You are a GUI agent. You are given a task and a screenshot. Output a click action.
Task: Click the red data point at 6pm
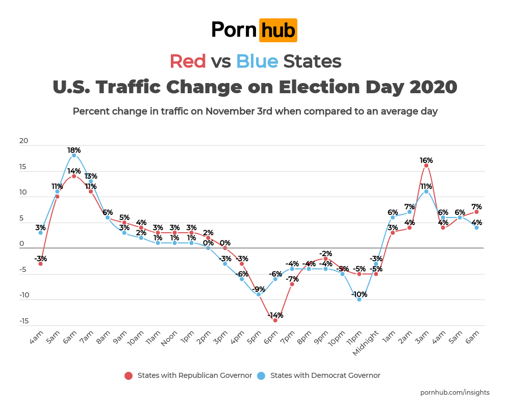point(275,320)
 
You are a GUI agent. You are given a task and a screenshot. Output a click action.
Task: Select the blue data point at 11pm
point(359,299)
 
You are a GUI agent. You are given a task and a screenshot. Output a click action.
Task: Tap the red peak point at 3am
point(426,166)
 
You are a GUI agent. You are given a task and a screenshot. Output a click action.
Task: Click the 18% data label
point(74,150)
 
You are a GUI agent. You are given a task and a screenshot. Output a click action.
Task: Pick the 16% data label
point(426,160)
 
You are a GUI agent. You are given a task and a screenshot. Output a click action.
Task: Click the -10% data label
point(359,294)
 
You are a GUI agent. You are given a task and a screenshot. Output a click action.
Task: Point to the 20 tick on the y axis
point(23,141)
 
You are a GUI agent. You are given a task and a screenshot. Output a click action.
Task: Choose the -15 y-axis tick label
point(23,321)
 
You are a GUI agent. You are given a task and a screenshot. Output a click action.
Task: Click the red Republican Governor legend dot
point(129,376)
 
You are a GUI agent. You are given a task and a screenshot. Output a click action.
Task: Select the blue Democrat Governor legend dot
point(262,376)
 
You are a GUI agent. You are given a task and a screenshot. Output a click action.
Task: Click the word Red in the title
point(188,61)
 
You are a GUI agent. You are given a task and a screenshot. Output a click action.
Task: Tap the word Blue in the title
point(257,61)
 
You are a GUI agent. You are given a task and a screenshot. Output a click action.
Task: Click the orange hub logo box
point(278,30)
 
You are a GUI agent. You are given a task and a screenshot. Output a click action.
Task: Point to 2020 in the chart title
point(432,87)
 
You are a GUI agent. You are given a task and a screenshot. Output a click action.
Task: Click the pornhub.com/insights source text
point(454,392)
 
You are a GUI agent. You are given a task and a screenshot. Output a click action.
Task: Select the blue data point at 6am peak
point(74,155)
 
